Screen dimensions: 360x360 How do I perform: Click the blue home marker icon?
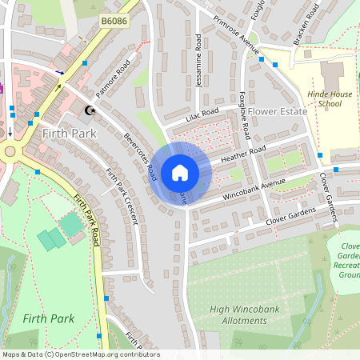click(180, 173)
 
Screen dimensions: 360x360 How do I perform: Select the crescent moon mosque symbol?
click(90, 110)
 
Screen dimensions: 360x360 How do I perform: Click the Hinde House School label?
click(329, 98)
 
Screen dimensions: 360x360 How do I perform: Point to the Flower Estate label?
click(278, 111)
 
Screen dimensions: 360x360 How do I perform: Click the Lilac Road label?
click(202, 117)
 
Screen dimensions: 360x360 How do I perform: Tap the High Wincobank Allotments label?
click(238, 314)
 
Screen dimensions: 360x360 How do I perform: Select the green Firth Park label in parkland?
click(49, 318)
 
